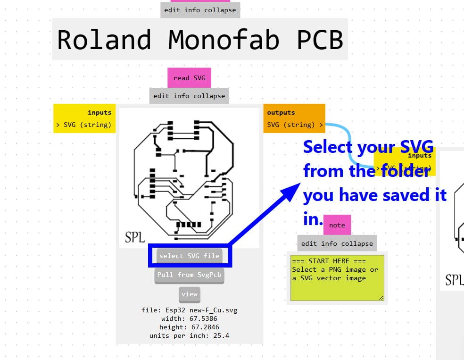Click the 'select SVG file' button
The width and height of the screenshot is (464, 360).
[189, 256]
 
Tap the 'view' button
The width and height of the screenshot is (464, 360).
[189, 294]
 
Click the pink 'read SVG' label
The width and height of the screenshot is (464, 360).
[189, 78]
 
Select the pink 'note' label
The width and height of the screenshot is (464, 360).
[337, 225]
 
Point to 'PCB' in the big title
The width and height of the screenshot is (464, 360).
[319, 40]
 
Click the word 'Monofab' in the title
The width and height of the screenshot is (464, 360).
[224, 40]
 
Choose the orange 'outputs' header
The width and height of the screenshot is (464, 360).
[281, 112]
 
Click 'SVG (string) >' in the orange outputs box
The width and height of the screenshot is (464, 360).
[295, 125]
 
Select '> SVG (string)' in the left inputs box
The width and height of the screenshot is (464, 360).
[83, 125]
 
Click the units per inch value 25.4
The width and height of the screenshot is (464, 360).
[221, 335]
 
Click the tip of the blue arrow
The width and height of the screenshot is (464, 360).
[298, 185]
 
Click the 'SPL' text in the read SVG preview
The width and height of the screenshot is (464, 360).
[134, 237]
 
